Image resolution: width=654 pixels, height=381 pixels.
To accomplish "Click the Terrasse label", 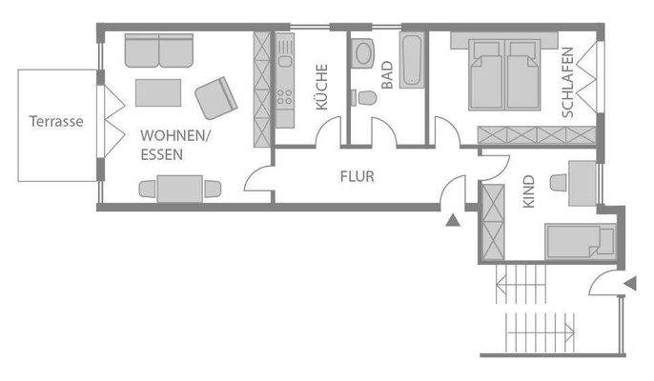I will (x=56, y=122).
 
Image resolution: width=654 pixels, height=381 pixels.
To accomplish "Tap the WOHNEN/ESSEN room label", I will (x=174, y=144).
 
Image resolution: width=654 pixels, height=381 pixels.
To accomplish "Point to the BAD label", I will (x=387, y=75).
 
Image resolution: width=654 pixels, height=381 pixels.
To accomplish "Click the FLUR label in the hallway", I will (x=357, y=176).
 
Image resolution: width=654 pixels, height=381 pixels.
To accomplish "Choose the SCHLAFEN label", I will (x=568, y=82).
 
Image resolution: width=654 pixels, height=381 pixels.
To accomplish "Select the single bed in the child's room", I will (x=580, y=242).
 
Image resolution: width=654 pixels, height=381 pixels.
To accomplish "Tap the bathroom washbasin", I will (x=363, y=53).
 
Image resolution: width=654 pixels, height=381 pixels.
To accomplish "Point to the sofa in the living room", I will (x=158, y=50).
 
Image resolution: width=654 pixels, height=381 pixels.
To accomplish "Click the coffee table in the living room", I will (x=158, y=91).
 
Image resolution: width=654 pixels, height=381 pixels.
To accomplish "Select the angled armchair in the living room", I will (x=215, y=97).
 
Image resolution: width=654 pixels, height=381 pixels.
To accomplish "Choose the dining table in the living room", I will (x=180, y=189).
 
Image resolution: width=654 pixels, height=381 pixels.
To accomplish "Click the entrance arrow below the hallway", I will (x=453, y=221).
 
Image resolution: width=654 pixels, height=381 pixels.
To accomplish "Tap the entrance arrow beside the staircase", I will (x=629, y=282).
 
